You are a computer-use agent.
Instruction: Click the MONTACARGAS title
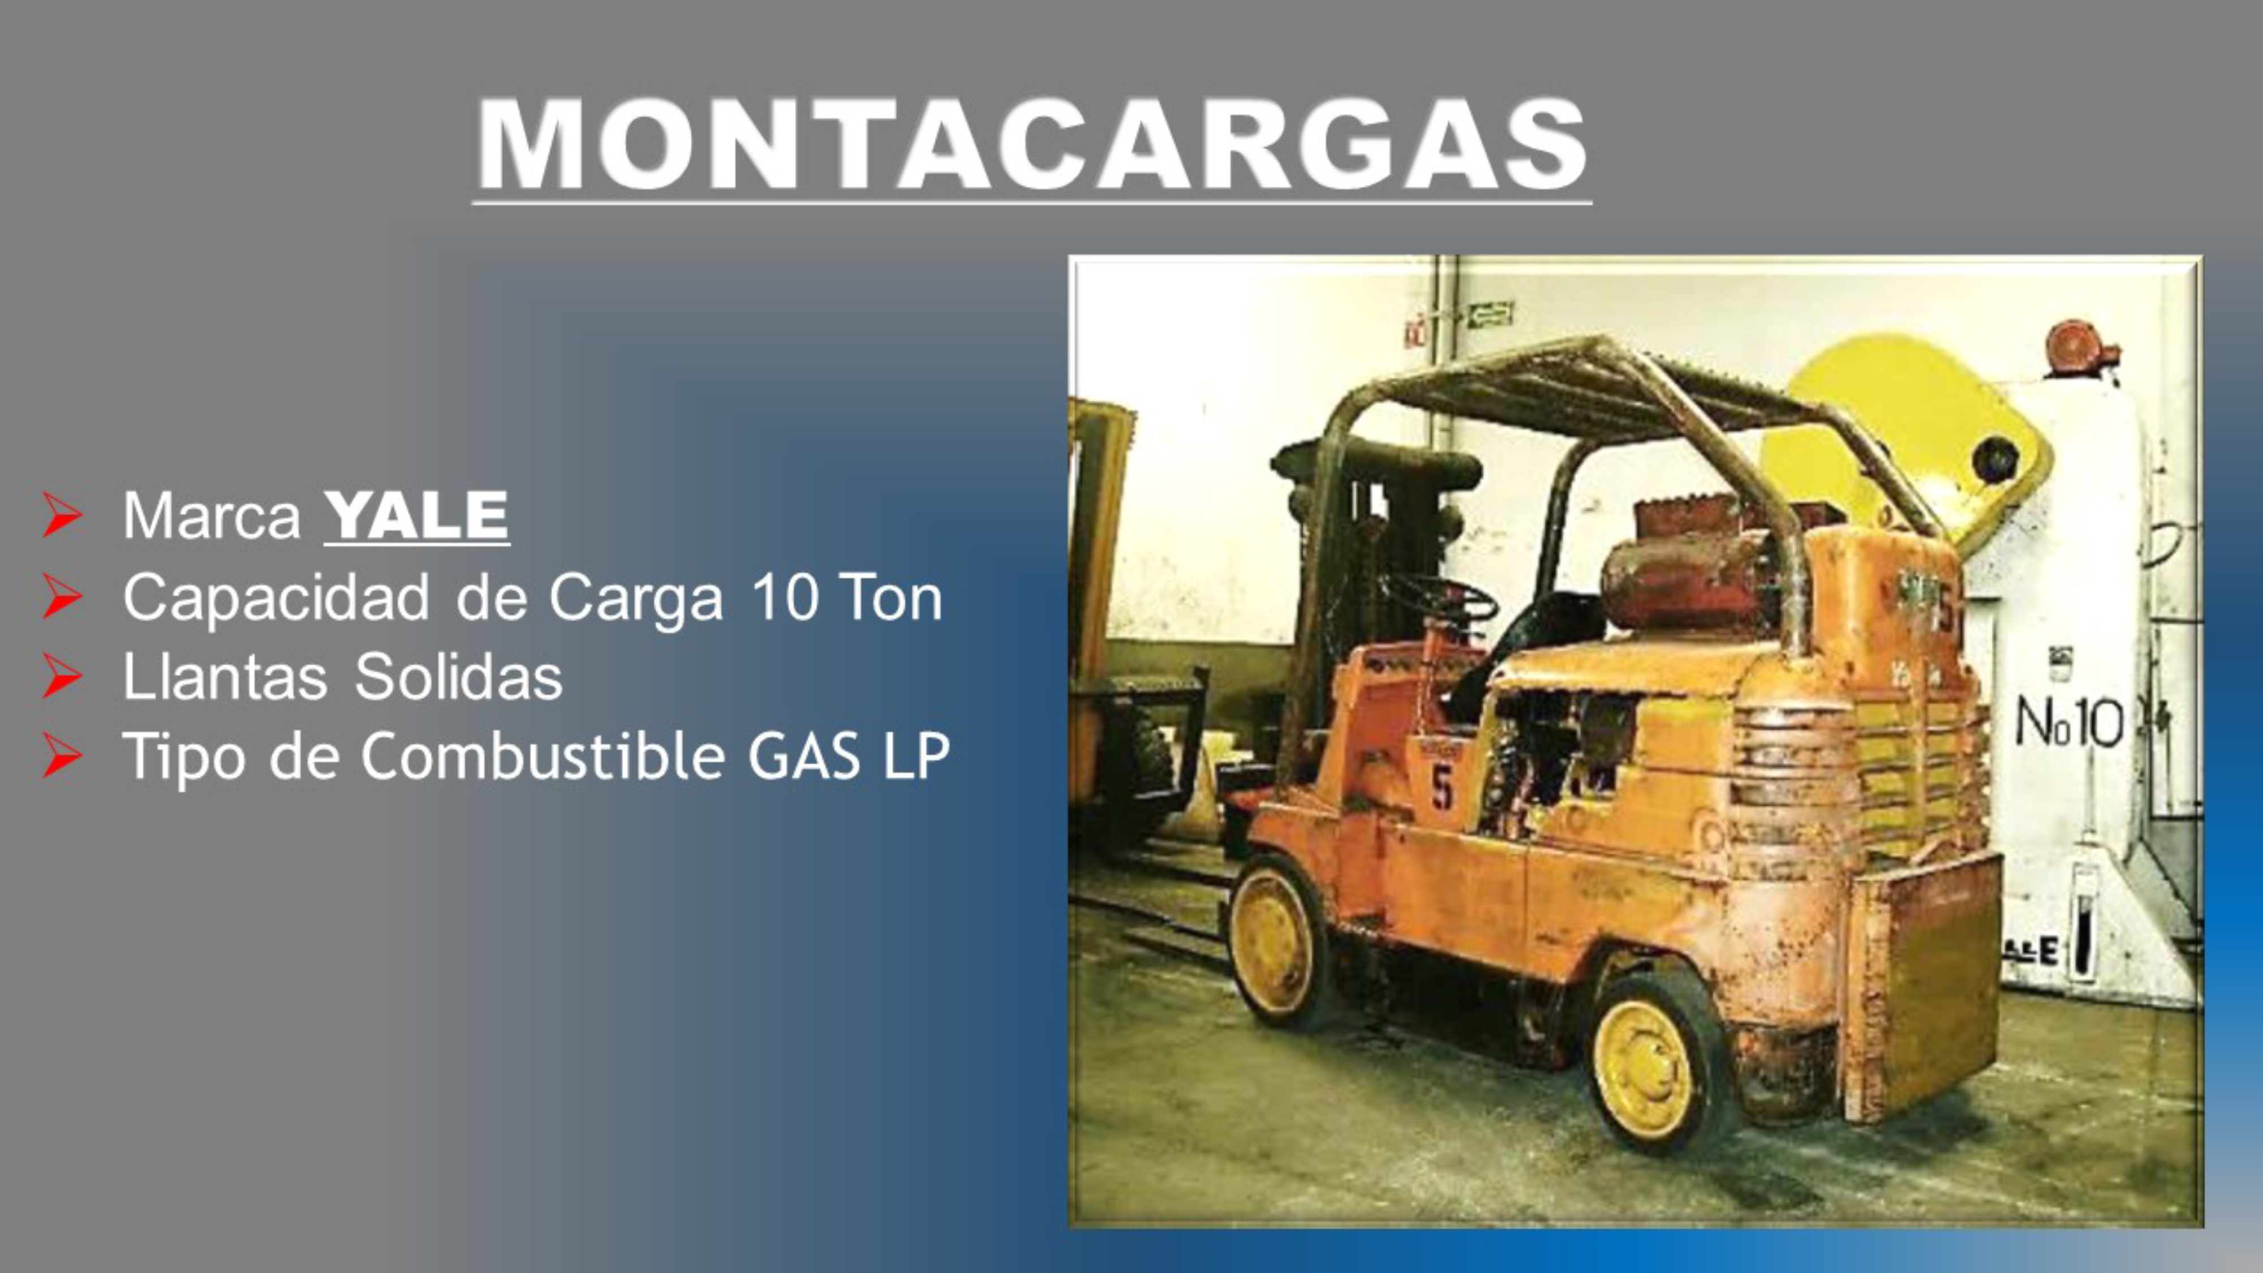1032,144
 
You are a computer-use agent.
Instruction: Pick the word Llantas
225,677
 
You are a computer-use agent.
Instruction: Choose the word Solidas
459,677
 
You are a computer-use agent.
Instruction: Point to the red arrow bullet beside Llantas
62,677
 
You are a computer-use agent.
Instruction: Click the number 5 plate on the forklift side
1442,786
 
